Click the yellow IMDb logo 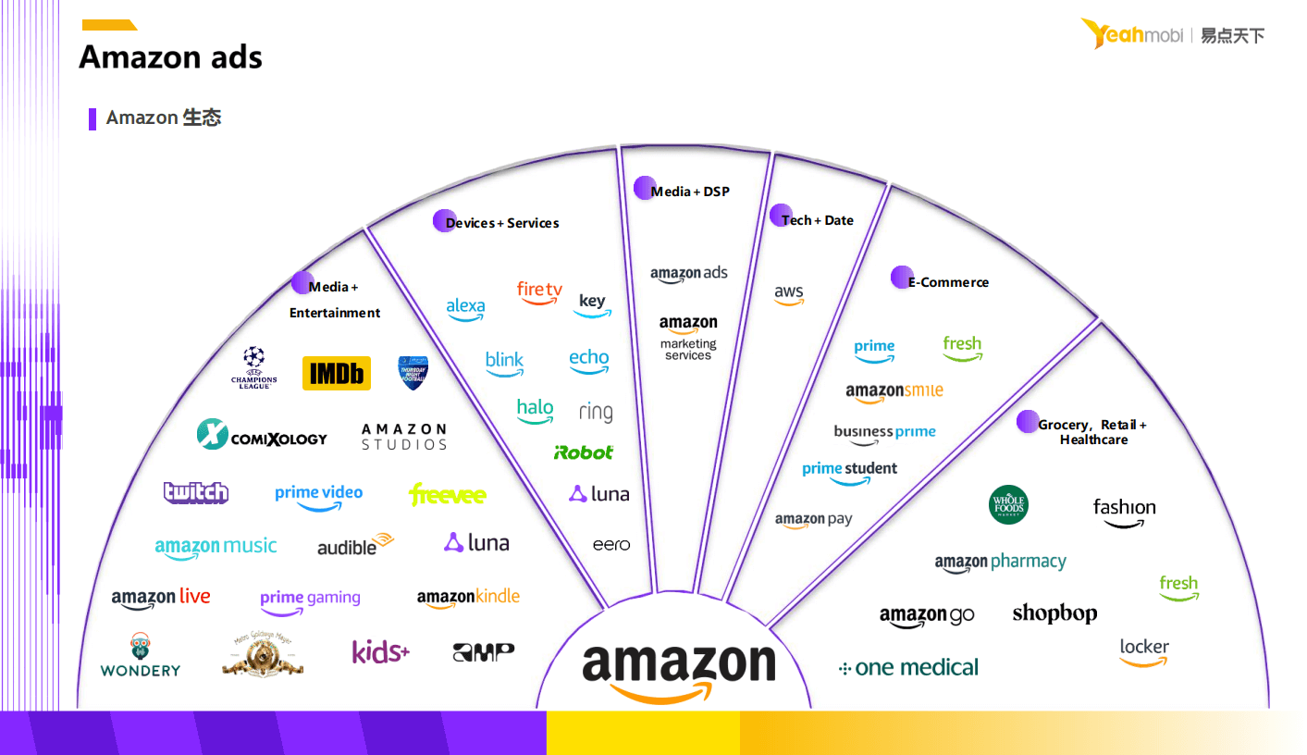coord(337,373)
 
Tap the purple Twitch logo coord(196,492)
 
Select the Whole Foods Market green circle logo coord(1008,505)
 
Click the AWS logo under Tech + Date coord(789,294)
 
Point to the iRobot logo coord(584,452)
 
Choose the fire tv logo coord(539,292)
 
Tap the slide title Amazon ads coord(171,57)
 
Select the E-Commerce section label coord(948,282)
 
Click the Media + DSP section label coord(690,192)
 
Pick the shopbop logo coord(1054,613)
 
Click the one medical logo coord(908,667)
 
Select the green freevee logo coord(448,494)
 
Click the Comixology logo coord(262,435)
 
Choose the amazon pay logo coord(814,521)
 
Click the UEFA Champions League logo coord(254,367)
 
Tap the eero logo coord(611,544)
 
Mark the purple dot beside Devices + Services coord(445,221)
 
